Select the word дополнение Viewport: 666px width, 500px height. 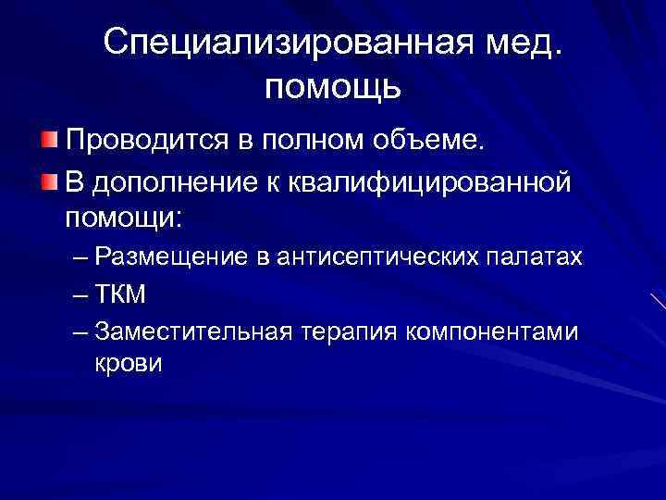tap(184, 183)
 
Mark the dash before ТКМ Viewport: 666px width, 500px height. tap(80, 294)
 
